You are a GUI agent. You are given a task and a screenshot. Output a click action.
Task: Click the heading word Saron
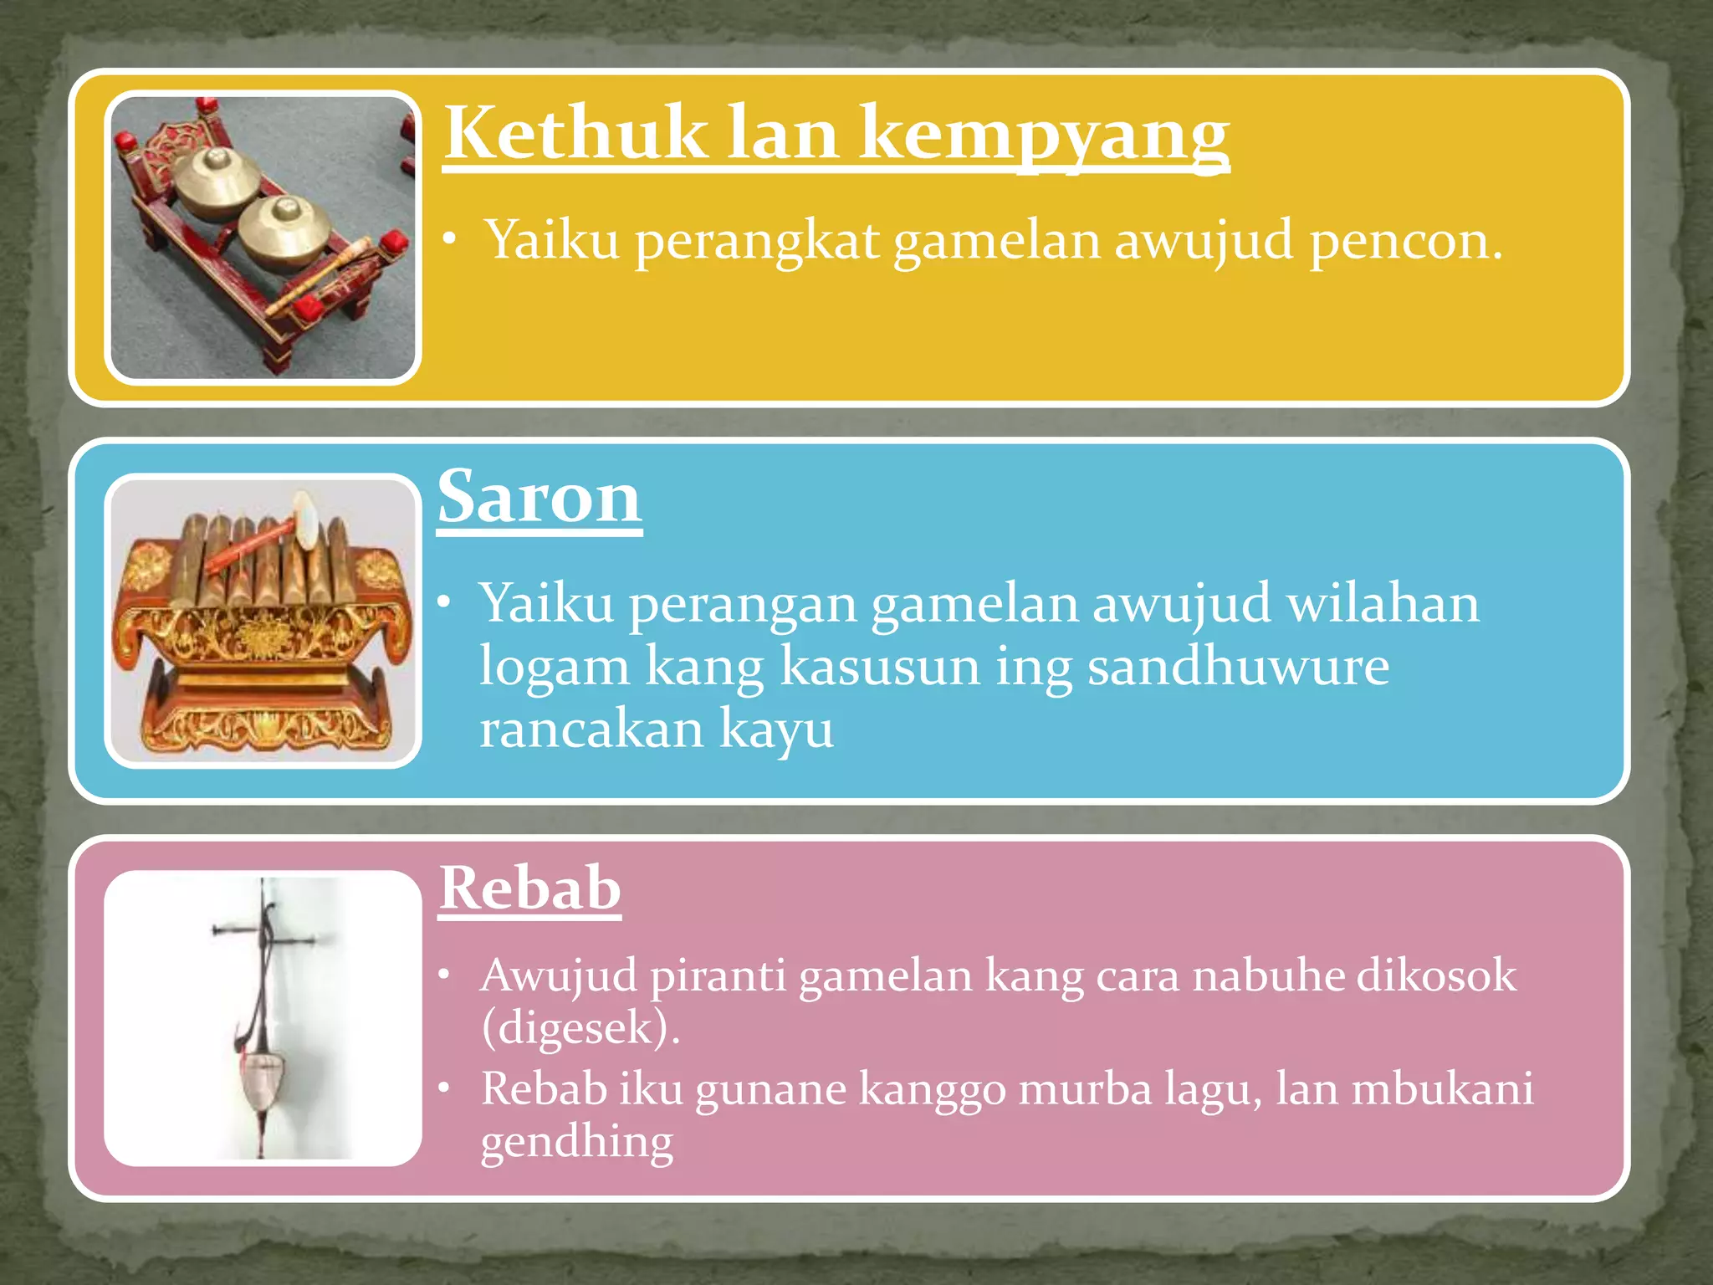539,499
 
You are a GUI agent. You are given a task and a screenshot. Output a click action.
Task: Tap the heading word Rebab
530,888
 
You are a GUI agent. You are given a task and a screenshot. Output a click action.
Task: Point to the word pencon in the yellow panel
1405,241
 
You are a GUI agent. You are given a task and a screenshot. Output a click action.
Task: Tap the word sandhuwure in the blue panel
1238,668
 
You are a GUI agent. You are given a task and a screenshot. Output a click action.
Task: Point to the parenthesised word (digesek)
580,1028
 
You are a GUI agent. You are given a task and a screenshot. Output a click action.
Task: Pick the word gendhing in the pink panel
576,1143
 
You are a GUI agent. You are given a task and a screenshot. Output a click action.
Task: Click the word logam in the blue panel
554,668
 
